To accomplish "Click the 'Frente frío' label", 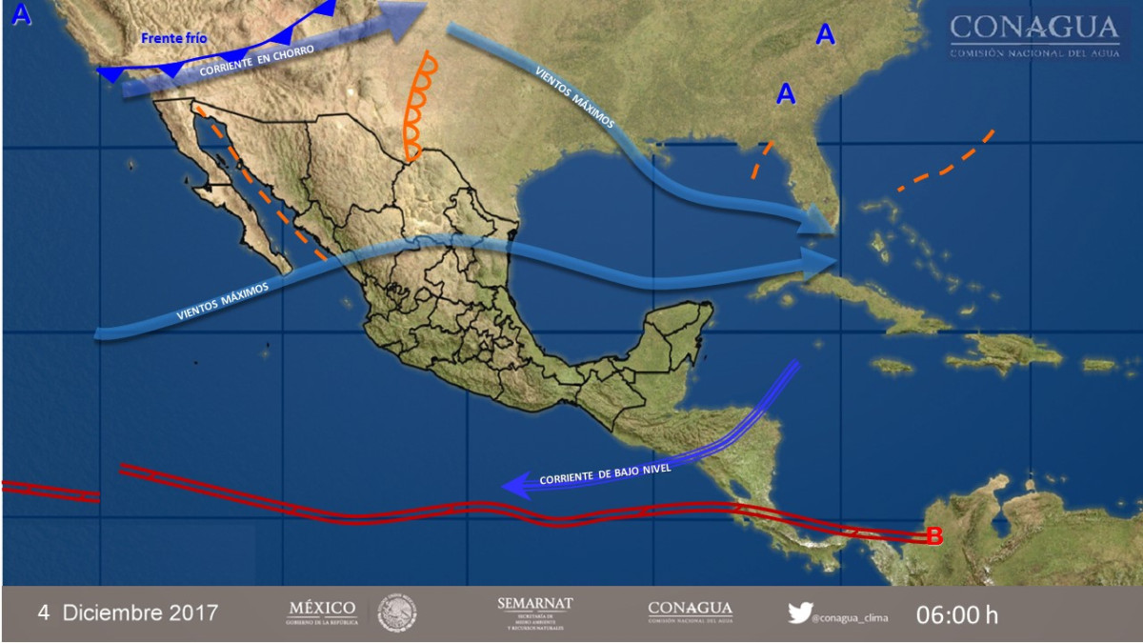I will tap(173, 39).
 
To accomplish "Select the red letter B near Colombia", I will tap(934, 537).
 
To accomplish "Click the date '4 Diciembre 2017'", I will tap(128, 613).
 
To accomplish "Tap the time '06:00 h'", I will tap(957, 614).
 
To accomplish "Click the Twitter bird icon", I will tap(799, 613).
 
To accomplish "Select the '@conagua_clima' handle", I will tap(850, 617).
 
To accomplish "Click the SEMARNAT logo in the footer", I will tap(534, 613).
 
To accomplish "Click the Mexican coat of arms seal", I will tap(397, 613).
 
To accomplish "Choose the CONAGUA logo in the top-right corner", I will tap(1033, 36).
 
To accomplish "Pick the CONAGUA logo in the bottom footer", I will tap(690, 612).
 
